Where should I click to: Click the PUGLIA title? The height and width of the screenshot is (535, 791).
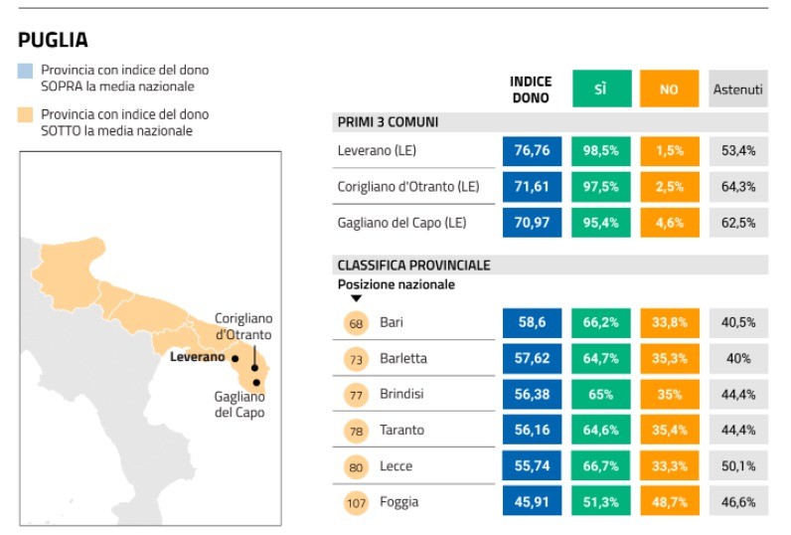[x=53, y=40]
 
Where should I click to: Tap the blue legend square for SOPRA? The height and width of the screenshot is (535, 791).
[x=26, y=71]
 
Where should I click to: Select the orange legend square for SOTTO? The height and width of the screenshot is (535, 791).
[x=26, y=114]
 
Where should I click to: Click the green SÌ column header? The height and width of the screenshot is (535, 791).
[x=600, y=89]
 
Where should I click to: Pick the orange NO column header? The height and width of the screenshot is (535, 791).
[x=669, y=89]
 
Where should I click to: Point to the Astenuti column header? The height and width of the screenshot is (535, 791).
[x=737, y=89]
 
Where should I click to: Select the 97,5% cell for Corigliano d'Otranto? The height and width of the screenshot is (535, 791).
[x=600, y=186]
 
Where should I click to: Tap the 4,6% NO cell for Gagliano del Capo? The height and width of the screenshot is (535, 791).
[x=669, y=222]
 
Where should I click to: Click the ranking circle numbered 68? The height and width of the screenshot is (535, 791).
[x=355, y=322]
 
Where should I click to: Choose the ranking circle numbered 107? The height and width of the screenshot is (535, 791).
[x=355, y=501]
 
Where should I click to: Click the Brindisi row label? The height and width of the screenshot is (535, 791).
[x=401, y=394]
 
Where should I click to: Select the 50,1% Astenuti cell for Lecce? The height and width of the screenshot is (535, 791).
[x=738, y=465]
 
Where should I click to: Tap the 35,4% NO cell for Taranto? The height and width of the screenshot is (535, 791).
[x=669, y=430]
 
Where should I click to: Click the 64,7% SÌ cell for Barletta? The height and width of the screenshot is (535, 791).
[x=600, y=358]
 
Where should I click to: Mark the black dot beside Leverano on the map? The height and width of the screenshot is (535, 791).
[x=236, y=358]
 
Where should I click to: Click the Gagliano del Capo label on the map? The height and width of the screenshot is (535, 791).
[x=239, y=404]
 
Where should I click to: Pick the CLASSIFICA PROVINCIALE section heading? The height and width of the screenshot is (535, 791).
[x=413, y=266]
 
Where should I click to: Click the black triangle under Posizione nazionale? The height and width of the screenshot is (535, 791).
[x=356, y=297]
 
